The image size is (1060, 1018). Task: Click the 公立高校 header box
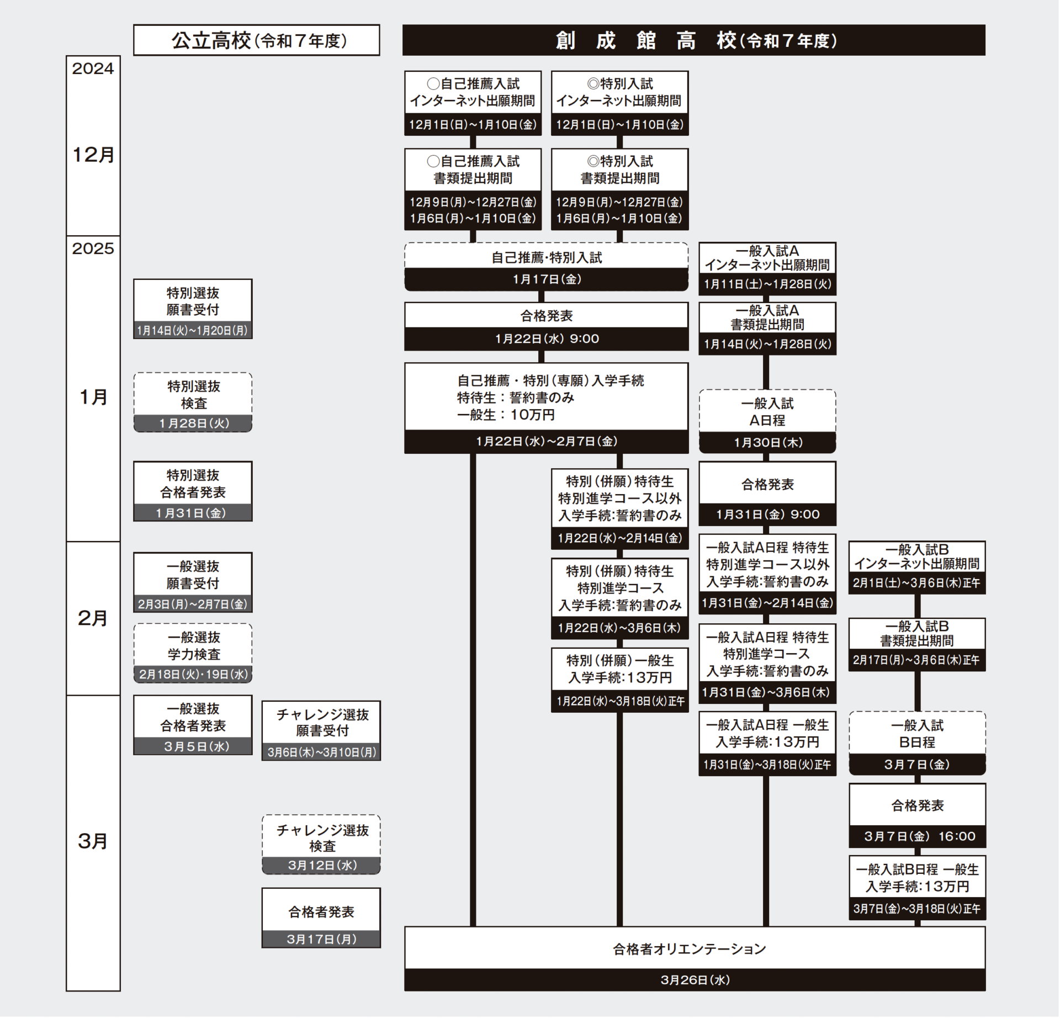(256, 40)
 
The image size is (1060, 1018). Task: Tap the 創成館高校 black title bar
(693, 40)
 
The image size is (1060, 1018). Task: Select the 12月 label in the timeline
(93, 155)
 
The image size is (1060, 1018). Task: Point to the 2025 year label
(93, 248)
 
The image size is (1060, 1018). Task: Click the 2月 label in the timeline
(93, 618)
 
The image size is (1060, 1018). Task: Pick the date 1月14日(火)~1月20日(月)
(193, 331)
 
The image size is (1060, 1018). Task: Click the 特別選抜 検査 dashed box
(193, 395)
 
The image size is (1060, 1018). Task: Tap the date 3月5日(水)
(193, 746)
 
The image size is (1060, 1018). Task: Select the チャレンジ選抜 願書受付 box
(321, 723)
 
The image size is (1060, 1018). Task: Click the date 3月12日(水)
(321, 866)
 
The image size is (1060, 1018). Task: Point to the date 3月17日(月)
(321, 939)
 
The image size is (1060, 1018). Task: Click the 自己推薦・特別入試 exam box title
(547, 257)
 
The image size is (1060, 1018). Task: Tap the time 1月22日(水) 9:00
(547, 339)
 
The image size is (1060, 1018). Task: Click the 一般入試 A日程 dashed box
(767, 412)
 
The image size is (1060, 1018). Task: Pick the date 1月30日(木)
(767, 442)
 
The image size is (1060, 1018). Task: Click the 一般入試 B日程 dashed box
(917, 734)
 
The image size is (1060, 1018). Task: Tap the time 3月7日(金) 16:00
(917, 836)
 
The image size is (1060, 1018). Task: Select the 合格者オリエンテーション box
(695, 949)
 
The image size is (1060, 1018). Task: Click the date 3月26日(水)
(695, 980)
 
